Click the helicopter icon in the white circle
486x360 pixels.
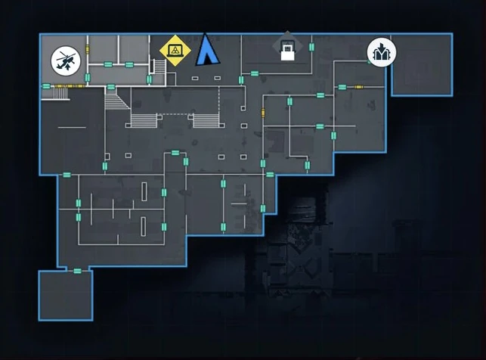coord(65,61)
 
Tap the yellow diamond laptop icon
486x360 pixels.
coord(175,51)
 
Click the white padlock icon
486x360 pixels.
coord(286,51)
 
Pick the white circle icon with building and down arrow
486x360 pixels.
coord(381,52)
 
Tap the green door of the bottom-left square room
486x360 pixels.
coord(77,270)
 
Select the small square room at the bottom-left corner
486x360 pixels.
coord(66,295)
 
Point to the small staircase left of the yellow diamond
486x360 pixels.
coord(159,68)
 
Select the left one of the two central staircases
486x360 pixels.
coord(144,119)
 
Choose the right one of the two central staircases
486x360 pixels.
coord(205,119)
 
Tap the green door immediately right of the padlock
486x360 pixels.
coord(311,47)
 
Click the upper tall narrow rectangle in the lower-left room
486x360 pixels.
coord(144,190)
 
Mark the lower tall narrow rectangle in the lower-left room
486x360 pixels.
coord(144,225)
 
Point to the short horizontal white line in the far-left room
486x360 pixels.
coord(72,127)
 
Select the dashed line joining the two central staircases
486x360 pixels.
coord(174,114)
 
